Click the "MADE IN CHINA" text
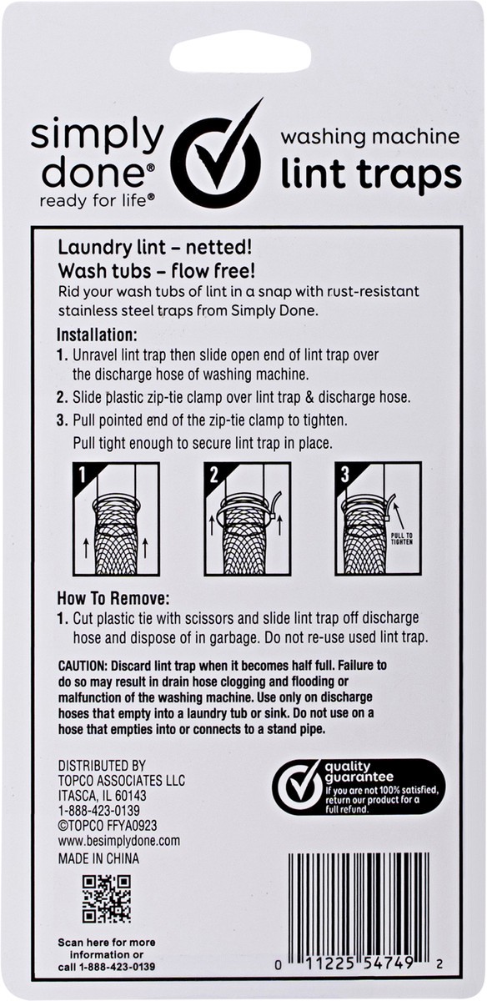tap(98, 858)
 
